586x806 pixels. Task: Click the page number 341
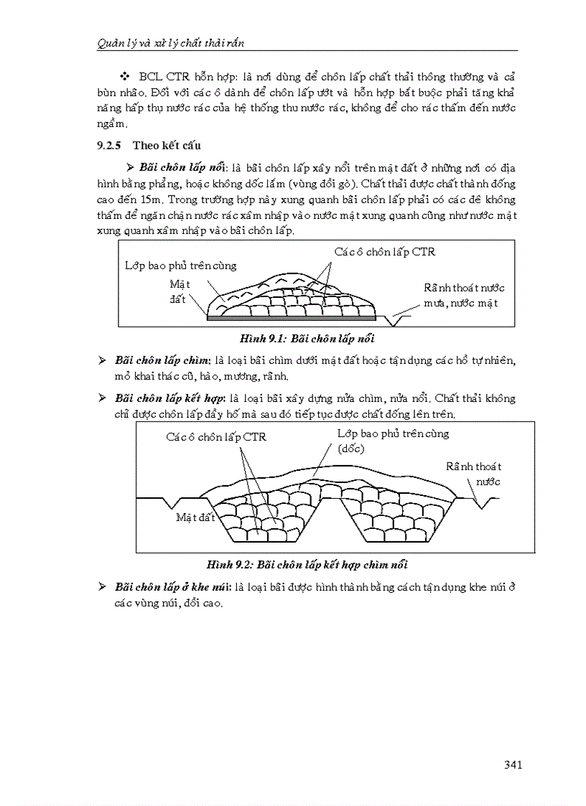click(x=512, y=764)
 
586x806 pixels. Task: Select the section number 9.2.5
click(x=111, y=146)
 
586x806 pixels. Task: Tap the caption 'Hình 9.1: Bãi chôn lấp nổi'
click(x=299, y=338)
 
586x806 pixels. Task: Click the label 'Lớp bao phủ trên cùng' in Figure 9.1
click(x=180, y=266)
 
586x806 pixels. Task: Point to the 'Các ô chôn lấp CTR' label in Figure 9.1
click(x=384, y=252)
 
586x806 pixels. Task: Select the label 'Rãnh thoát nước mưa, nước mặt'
click(x=463, y=295)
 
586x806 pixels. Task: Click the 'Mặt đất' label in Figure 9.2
click(x=195, y=517)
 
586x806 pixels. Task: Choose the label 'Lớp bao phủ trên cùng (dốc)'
click(x=393, y=441)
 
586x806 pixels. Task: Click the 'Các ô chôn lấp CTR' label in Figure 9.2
click(x=215, y=436)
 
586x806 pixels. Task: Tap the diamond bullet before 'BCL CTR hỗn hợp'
click(x=124, y=76)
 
